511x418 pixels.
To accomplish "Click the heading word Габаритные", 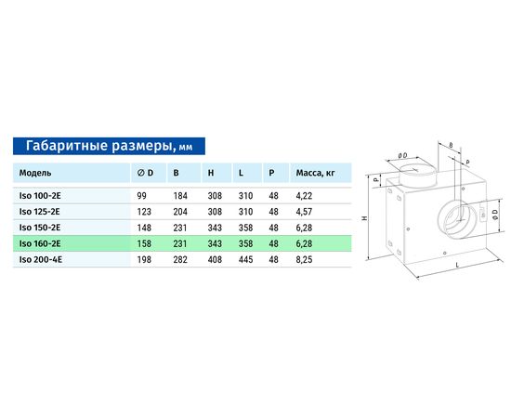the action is tap(67, 146).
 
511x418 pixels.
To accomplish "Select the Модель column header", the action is tap(35, 173).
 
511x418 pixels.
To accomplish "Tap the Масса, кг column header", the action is tap(315, 173).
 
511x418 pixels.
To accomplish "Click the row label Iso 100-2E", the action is tap(40, 196).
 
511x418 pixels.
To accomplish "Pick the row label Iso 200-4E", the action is tap(40, 260).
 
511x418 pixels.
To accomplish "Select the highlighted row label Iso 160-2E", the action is tap(40, 243).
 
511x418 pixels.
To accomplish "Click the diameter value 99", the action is tap(142, 196).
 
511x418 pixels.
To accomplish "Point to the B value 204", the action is tap(180, 212).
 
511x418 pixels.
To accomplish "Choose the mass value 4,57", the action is tap(304, 212).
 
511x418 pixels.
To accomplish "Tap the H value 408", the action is tap(215, 260).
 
